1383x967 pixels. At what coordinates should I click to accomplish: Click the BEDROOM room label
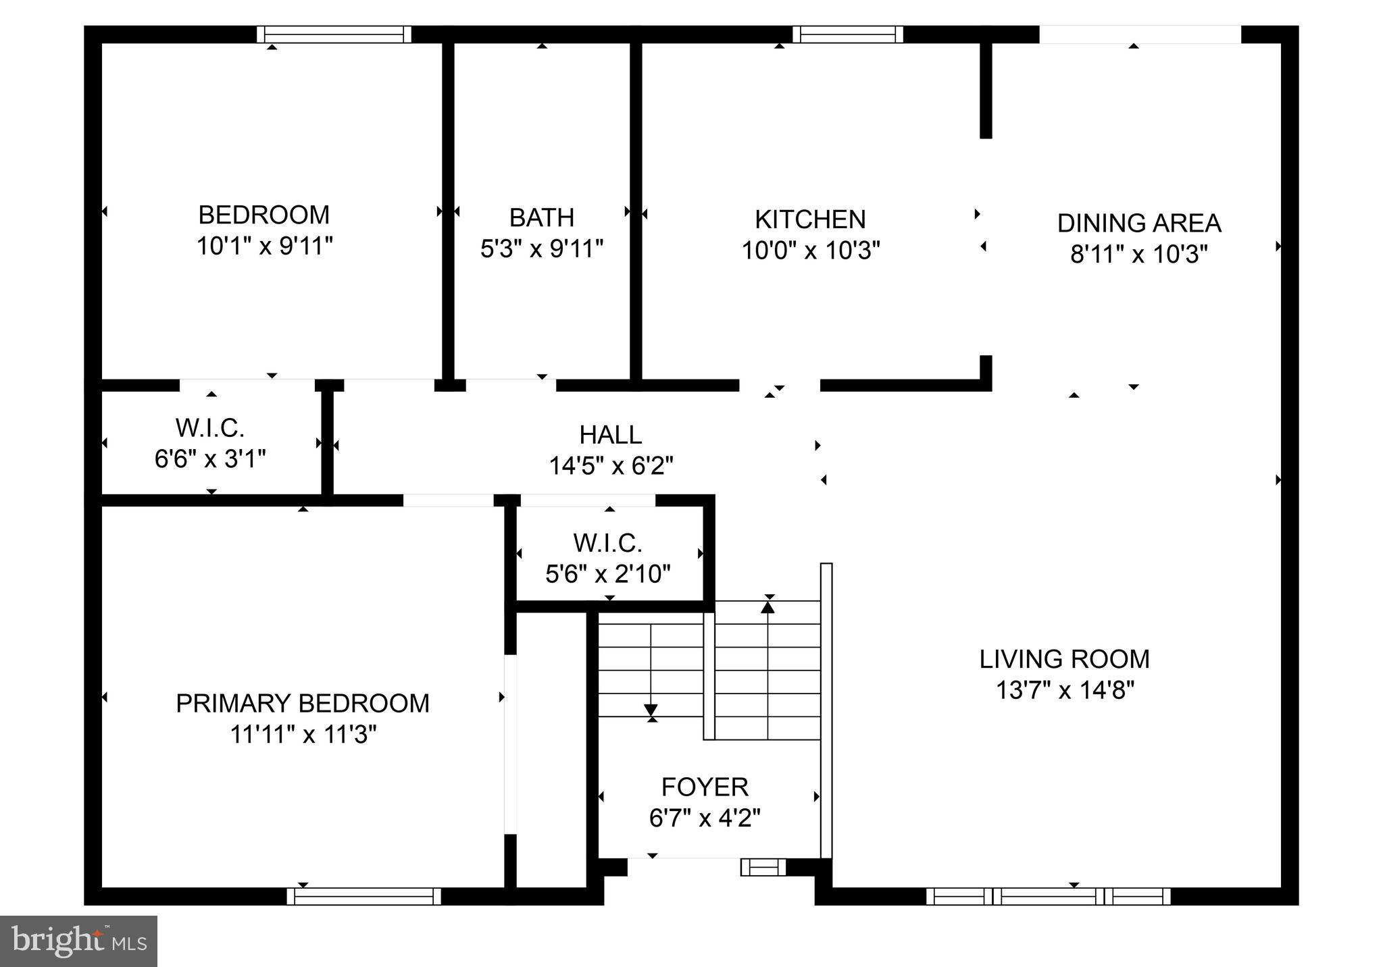[x=263, y=215]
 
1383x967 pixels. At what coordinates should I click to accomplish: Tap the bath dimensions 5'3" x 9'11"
[x=541, y=249]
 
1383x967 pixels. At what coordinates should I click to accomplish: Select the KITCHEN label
[x=809, y=219]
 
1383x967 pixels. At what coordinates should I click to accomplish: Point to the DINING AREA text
[x=1138, y=224]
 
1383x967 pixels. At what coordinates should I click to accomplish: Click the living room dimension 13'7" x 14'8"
[x=1064, y=691]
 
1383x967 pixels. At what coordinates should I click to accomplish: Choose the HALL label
[x=610, y=435]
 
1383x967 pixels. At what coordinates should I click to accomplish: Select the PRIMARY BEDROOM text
[x=302, y=704]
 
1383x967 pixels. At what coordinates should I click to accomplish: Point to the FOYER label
[x=704, y=787]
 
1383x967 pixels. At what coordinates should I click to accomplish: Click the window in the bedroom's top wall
[x=334, y=34]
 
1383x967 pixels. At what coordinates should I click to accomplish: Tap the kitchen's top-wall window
[x=847, y=34]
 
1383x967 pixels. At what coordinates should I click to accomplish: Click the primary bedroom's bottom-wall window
[x=363, y=896]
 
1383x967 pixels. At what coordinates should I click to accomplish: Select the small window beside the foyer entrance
[x=763, y=867]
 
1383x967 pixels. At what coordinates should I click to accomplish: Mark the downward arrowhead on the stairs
[x=651, y=710]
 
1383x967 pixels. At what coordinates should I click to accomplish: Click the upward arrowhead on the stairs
[x=768, y=607]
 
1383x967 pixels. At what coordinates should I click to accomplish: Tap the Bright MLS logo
[x=78, y=941]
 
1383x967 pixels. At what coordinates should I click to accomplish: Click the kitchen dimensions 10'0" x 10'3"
[x=810, y=251]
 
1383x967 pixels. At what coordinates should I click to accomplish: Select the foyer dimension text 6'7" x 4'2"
[x=704, y=819]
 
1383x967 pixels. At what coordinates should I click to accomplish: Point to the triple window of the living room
[x=1047, y=896]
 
